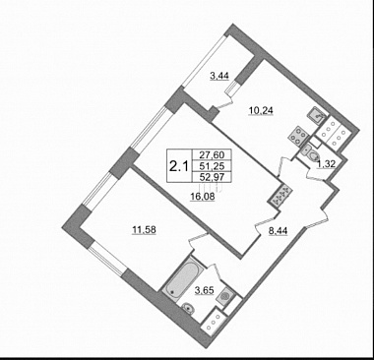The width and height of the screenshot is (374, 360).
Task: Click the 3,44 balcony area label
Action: tap(219, 76)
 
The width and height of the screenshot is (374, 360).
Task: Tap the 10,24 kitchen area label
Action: tap(261, 111)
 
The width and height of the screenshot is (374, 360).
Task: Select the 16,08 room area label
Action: tap(203, 197)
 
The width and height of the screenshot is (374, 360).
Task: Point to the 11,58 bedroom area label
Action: tap(144, 230)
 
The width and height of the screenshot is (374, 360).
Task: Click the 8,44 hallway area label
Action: tap(278, 231)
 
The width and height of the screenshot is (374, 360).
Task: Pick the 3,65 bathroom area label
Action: tap(204, 290)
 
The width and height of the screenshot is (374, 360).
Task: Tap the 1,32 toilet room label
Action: tap(326, 164)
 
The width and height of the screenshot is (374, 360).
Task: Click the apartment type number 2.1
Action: tap(179, 167)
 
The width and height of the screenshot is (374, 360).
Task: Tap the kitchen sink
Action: tap(317, 114)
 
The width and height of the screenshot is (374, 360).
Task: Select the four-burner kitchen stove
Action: tap(298, 135)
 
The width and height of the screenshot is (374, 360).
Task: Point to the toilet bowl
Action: tap(309, 153)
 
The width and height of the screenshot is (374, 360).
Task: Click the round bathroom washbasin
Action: tap(187, 308)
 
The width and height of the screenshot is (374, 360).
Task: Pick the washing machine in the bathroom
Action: tap(226, 294)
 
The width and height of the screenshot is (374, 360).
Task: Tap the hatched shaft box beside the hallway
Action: tap(280, 196)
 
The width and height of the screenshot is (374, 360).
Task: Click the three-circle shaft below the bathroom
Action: tap(214, 323)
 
